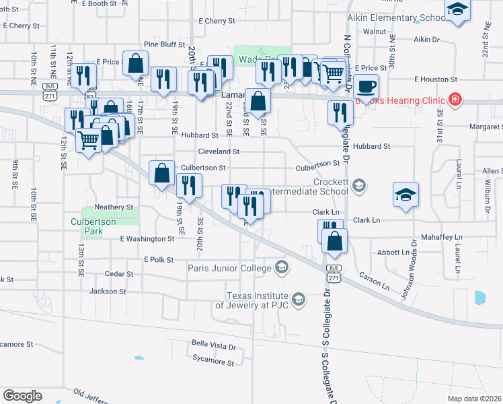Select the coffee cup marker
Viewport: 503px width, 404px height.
pos(367,87)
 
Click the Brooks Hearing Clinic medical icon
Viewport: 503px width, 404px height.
pos(455,100)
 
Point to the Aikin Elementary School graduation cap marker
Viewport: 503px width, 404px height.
pos(457,10)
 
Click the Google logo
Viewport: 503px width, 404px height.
pos(22,396)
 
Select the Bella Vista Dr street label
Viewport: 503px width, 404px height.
pos(214,347)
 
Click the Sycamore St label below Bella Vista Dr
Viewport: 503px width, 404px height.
pos(212,363)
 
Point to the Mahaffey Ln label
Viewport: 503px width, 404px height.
pos(441,238)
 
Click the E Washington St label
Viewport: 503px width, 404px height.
pos(147,239)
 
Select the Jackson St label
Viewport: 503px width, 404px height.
pos(108,292)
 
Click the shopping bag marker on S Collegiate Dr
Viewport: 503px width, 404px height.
pos(334,241)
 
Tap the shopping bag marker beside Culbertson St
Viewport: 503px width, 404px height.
pos(162,174)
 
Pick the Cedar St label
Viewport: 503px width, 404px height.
pos(120,274)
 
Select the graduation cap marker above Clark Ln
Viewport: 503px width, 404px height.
pos(405,195)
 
